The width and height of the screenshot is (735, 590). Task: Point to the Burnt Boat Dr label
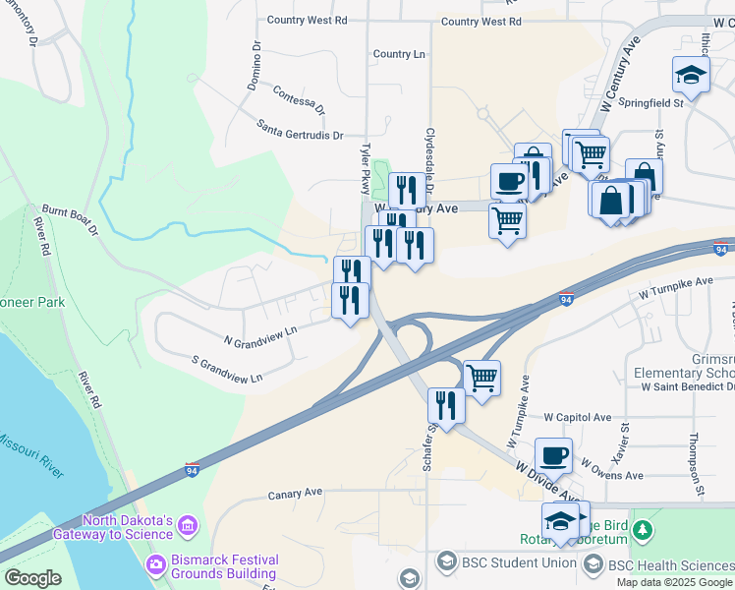pyautogui.click(x=70, y=218)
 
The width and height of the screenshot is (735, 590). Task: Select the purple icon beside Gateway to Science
pyautogui.click(x=188, y=527)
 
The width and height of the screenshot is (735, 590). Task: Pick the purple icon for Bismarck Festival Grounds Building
pyautogui.click(x=155, y=565)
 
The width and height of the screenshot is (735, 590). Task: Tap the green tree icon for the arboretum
pyautogui.click(x=644, y=531)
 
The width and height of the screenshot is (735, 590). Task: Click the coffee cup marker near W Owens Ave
pyautogui.click(x=553, y=455)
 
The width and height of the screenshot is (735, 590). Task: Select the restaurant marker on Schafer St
pyautogui.click(x=446, y=405)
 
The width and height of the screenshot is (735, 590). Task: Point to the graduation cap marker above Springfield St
pyautogui.click(x=691, y=75)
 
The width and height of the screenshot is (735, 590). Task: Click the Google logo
pyautogui.click(x=32, y=578)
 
